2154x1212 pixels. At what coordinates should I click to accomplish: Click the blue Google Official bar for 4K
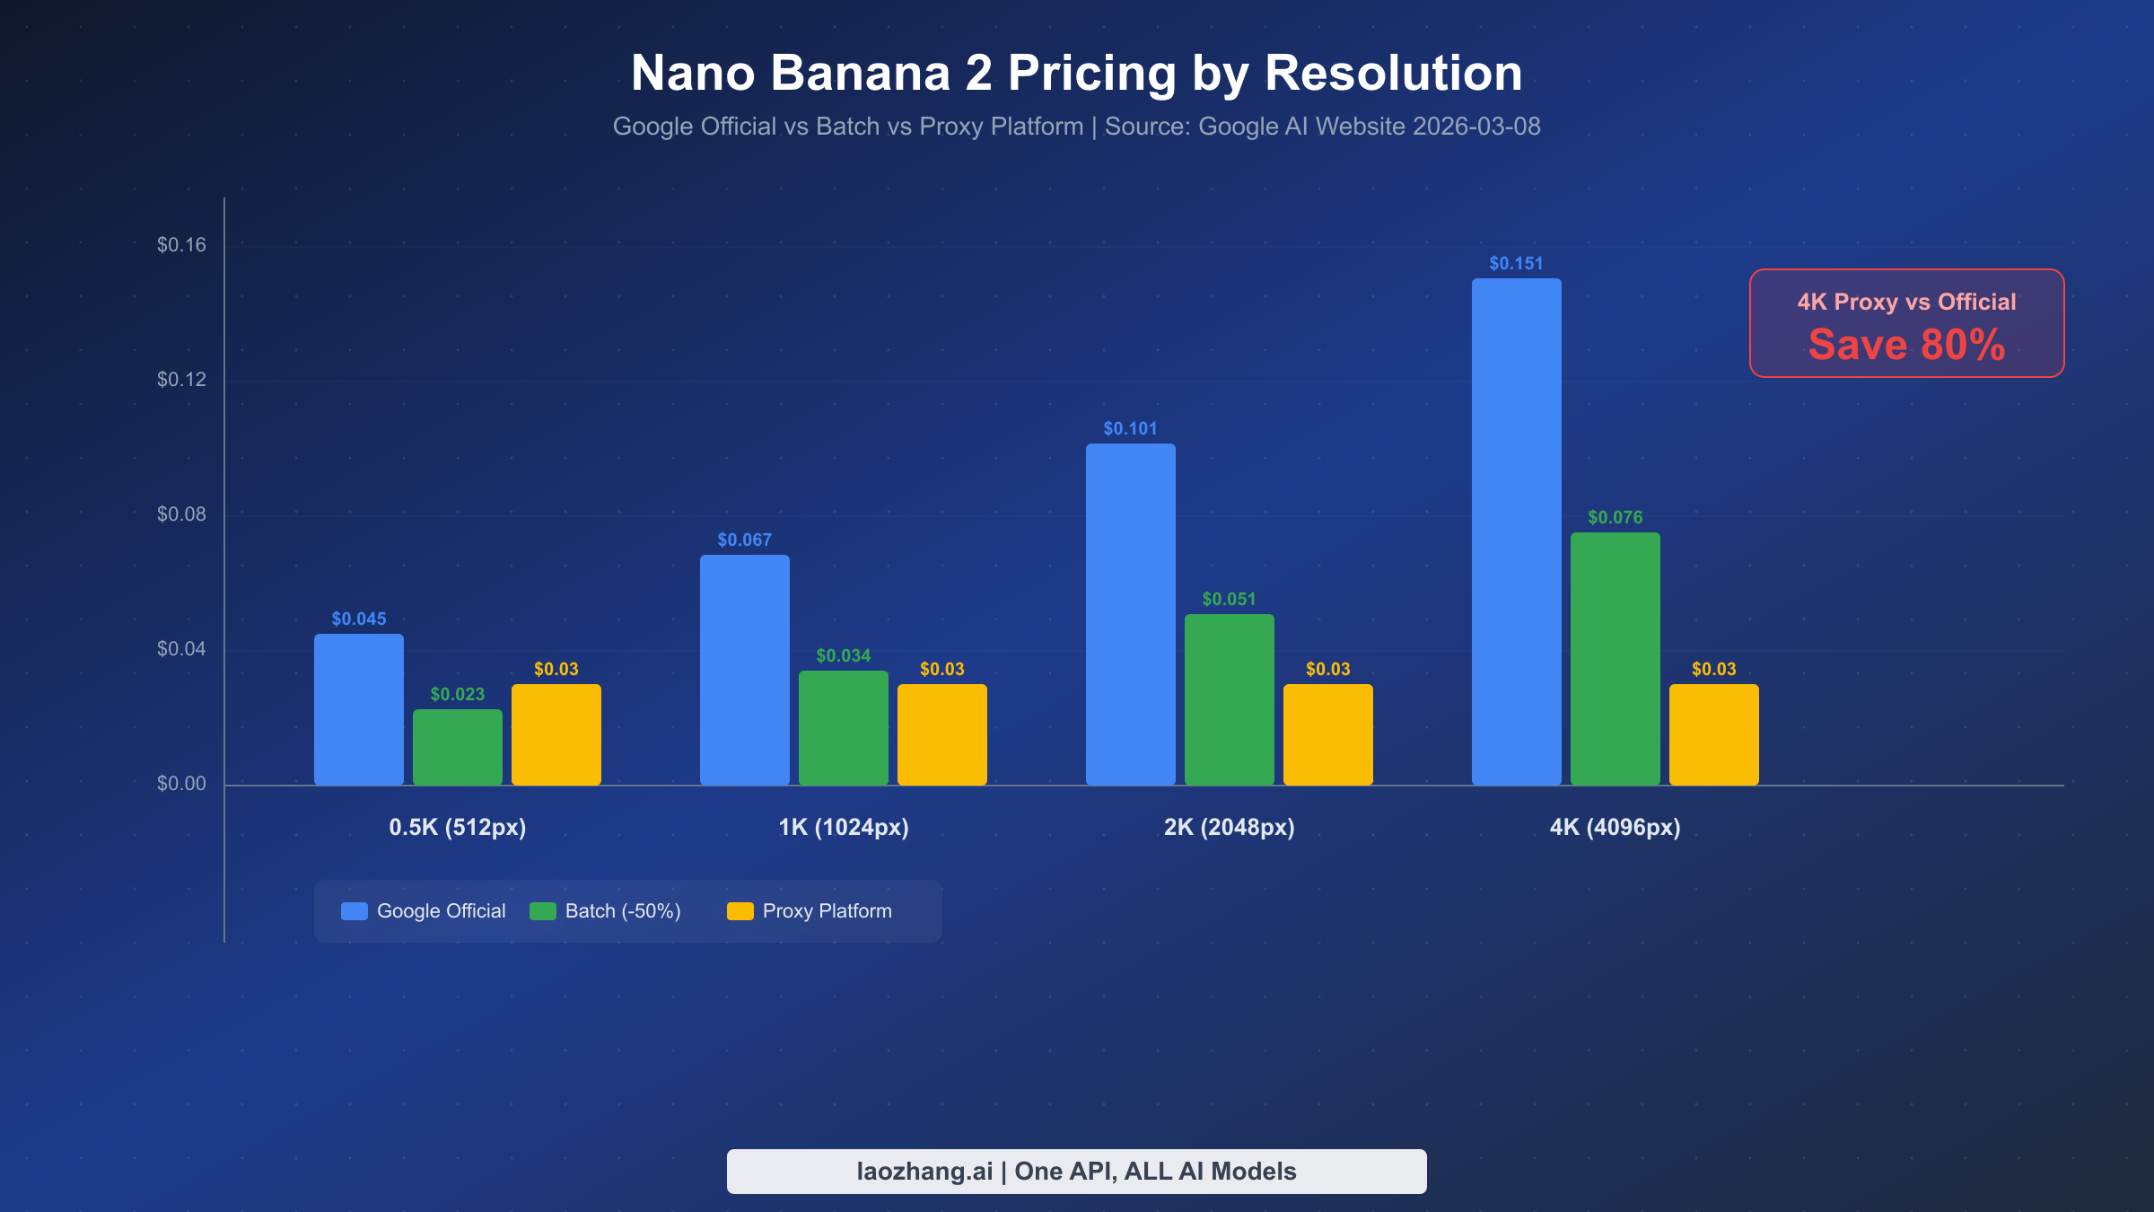point(1516,531)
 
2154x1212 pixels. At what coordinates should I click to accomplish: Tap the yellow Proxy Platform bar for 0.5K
point(556,734)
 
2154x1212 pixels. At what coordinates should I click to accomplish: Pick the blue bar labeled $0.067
point(744,670)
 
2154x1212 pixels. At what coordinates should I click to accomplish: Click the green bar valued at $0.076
point(1615,658)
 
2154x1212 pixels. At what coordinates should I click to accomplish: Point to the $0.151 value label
point(1516,263)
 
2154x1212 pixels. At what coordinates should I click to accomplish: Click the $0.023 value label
point(457,694)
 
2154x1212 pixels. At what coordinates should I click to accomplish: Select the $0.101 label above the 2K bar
point(1130,428)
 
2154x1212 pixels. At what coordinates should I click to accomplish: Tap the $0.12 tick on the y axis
point(181,380)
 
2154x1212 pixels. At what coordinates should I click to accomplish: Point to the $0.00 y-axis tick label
point(181,784)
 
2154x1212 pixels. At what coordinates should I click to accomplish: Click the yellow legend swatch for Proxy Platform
point(740,911)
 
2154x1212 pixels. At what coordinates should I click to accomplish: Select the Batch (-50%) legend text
point(623,911)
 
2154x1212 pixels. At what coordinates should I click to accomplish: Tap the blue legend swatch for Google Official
point(355,911)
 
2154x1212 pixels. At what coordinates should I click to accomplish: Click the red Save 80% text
point(1906,345)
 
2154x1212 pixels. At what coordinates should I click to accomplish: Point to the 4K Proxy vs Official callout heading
point(1906,302)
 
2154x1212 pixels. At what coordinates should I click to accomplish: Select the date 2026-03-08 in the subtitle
point(1476,127)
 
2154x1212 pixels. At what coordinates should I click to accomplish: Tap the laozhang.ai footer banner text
point(1076,1171)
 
